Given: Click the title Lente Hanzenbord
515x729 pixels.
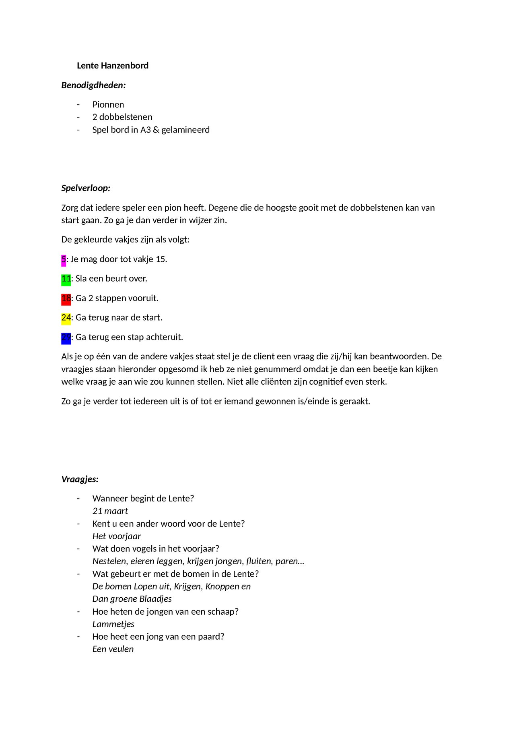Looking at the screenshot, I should point(112,66).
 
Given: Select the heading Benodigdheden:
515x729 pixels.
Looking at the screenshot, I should point(93,85).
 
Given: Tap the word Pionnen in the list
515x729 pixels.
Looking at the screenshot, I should point(108,105).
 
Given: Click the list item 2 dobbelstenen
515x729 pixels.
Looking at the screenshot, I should point(122,117).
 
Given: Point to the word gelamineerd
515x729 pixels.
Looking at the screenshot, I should point(185,130).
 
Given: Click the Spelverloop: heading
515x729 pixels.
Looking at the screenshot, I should point(86,188).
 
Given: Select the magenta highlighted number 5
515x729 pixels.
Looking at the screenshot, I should point(64,260).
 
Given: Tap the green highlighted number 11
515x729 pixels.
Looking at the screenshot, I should point(66,279).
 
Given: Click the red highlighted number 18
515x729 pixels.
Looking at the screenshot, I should point(66,298).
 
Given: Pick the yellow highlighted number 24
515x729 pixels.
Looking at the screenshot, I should point(66,318).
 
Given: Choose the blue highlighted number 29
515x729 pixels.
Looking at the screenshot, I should point(66,338).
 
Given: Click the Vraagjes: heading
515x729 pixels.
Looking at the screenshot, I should point(80,479).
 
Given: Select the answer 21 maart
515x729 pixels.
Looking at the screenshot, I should point(110,511).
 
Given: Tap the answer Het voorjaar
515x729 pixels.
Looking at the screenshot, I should point(116,536).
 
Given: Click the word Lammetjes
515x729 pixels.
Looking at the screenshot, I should point(113,624).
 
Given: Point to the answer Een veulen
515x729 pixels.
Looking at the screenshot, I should point(113,649).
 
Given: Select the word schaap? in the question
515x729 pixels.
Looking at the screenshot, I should point(223,612).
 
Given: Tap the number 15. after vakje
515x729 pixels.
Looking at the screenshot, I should point(161,259).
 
